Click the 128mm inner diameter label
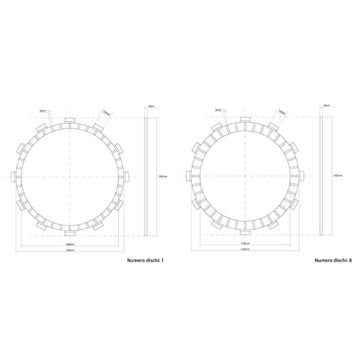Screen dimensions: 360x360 pyautogui.click(x=69, y=243)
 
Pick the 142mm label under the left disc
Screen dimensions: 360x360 pyautogui.click(x=69, y=250)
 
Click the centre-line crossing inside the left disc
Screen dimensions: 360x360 pyautogui.click(x=69, y=176)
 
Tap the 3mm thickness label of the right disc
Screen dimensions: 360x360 pyautogui.click(x=326, y=106)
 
